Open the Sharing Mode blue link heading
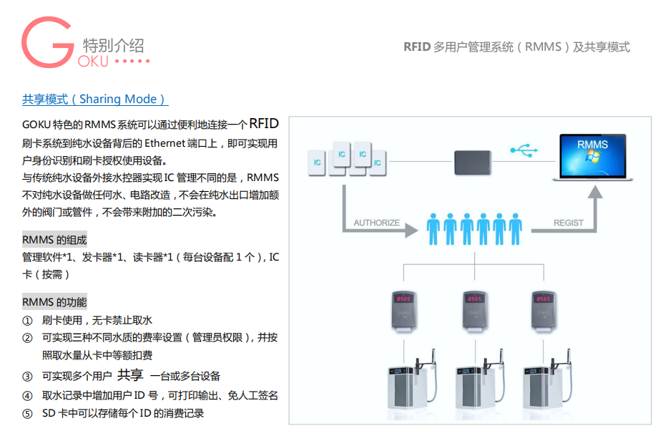click(x=95, y=100)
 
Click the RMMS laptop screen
click(x=593, y=155)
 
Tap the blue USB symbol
click(x=524, y=150)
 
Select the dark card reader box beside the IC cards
click(x=473, y=162)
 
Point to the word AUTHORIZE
click(x=377, y=223)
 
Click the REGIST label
click(x=569, y=223)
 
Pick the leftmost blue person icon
click(x=433, y=229)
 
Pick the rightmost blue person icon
click(x=516, y=229)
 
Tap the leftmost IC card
click(x=317, y=163)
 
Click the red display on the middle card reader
click(x=475, y=299)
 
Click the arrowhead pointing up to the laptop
click(x=595, y=192)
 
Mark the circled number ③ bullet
click(x=27, y=377)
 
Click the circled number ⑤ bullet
click(x=27, y=414)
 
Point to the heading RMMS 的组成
click(x=54, y=240)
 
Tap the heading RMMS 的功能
click(x=54, y=302)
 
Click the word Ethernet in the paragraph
click(x=164, y=143)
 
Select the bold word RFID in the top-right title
click(x=417, y=47)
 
